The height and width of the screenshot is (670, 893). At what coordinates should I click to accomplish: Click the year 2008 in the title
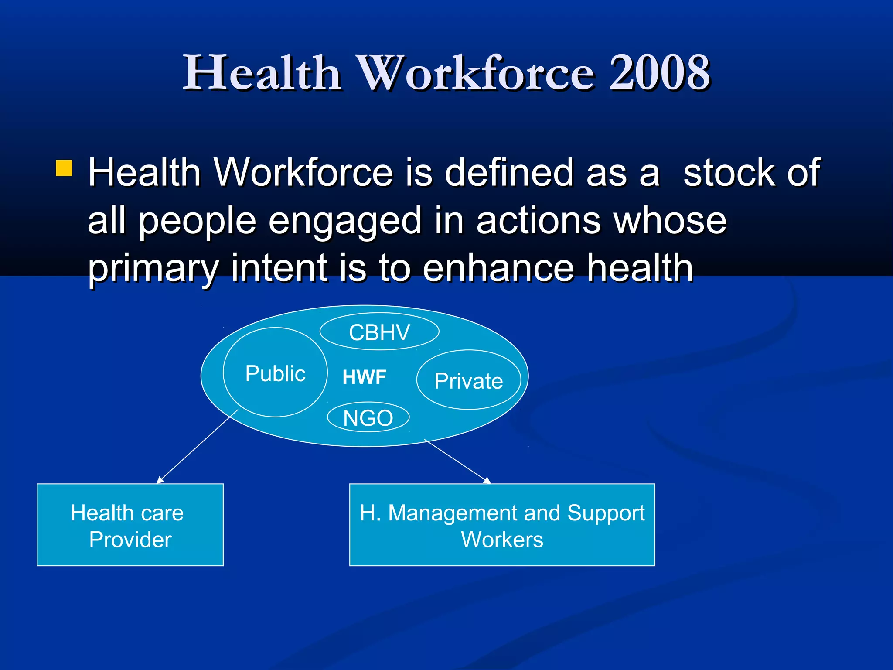[x=659, y=72]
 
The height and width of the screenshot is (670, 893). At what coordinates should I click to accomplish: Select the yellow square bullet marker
[x=64, y=168]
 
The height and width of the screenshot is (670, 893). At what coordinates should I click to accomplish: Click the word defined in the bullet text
[x=508, y=173]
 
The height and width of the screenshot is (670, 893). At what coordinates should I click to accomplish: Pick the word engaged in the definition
[x=344, y=221]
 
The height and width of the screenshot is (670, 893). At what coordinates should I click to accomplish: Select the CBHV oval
[x=379, y=332]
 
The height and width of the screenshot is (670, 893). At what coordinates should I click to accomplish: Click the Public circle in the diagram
[x=275, y=373]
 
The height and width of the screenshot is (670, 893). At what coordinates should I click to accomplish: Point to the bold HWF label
[x=365, y=377]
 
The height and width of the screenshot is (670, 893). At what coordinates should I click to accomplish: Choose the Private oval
[x=469, y=380]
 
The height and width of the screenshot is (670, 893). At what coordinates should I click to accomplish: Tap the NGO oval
[x=368, y=417]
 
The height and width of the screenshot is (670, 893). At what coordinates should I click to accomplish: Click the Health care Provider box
[x=130, y=525]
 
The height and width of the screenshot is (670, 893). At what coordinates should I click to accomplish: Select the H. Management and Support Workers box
[x=502, y=525]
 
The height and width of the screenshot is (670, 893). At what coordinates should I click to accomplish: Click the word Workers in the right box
[x=502, y=540]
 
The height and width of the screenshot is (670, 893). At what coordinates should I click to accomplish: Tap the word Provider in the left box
[x=130, y=540]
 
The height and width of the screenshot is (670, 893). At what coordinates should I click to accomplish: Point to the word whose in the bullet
[x=670, y=221]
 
